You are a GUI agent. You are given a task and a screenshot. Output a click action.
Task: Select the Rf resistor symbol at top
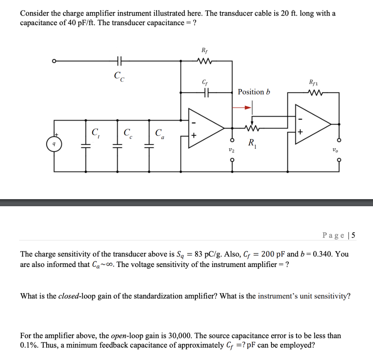pyautogui.click(x=203, y=61)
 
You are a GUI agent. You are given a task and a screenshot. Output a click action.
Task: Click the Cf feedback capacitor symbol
pyautogui.click(x=206, y=93)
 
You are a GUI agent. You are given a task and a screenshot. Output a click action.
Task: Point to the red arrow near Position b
pyautogui.click(x=243, y=108)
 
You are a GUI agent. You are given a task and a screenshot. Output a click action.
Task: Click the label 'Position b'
pyautogui.click(x=254, y=92)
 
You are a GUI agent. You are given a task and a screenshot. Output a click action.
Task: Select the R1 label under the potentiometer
pyautogui.click(x=251, y=143)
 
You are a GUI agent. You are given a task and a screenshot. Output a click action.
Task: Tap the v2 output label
pyautogui.click(x=231, y=150)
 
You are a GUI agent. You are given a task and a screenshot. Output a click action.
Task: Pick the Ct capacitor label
pyautogui.click(x=96, y=132)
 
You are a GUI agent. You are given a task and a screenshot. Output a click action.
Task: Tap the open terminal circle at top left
pyautogui.click(x=54, y=61)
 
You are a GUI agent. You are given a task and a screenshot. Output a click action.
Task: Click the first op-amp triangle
pyautogui.click(x=204, y=128)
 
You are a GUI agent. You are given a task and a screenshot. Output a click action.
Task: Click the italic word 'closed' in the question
pyautogui.click(x=68, y=296)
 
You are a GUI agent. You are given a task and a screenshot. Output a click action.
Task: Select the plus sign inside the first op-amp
pyautogui.click(x=194, y=136)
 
